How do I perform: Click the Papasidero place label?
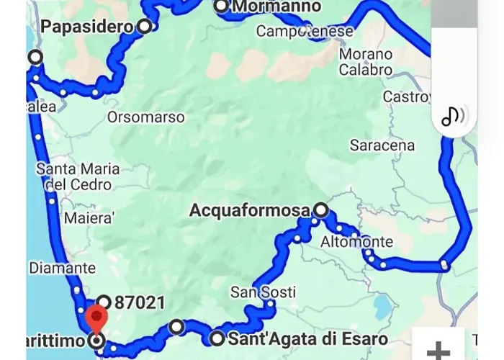click(87, 27)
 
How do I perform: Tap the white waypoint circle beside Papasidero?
click(145, 27)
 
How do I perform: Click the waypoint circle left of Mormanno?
click(221, 6)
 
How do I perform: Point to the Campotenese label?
click(305, 32)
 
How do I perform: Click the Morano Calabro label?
click(366, 62)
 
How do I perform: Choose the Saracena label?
click(382, 145)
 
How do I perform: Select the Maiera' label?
click(89, 218)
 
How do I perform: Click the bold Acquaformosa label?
click(249, 211)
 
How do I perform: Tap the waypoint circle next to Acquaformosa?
click(321, 210)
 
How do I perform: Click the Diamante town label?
click(62, 268)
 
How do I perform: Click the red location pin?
click(96, 319)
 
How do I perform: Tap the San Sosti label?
click(253, 292)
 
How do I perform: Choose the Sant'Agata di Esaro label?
click(308, 338)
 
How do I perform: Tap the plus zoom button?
click(438, 351)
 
